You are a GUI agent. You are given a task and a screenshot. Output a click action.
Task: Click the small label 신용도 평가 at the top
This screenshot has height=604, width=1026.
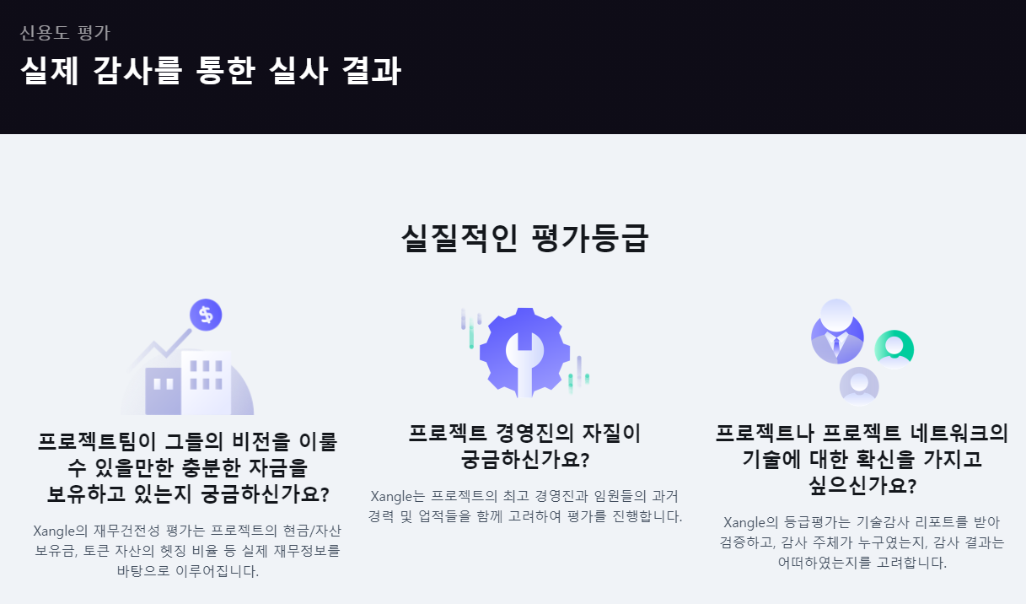click(x=65, y=34)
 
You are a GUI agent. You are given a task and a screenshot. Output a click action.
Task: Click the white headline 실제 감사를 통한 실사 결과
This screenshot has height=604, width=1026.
click(x=210, y=72)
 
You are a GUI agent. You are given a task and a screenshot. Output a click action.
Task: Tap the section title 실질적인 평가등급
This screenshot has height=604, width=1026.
click(x=524, y=239)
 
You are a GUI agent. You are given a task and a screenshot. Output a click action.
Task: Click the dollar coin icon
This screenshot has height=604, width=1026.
click(x=205, y=315)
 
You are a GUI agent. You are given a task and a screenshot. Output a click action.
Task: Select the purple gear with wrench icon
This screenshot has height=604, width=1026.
click(x=524, y=352)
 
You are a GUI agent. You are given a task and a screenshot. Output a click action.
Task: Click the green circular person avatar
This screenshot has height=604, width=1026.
click(x=894, y=348)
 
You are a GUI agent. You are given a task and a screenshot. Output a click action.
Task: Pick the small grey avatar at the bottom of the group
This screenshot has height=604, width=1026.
click(x=859, y=386)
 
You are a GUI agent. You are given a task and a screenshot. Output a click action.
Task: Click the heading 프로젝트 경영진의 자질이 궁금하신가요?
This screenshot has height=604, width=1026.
click(x=524, y=446)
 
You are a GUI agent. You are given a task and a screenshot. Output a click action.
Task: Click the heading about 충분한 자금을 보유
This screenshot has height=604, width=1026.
click(x=187, y=466)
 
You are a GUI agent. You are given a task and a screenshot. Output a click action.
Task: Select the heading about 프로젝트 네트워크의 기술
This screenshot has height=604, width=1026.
click(x=862, y=460)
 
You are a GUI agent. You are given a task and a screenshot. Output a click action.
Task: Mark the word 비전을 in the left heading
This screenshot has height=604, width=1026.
click(x=263, y=441)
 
